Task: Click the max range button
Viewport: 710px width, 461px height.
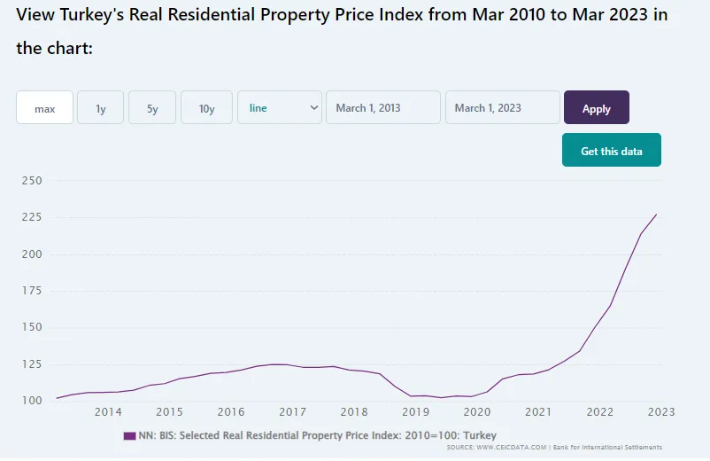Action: click(x=44, y=108)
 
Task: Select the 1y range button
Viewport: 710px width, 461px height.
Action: click(x=101, y=108)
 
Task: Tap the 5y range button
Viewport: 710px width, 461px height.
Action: click(x=152, y=108)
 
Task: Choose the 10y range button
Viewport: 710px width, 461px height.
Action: click(x=206, y=108)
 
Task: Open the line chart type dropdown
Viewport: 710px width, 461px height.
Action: click(x=280, y=108)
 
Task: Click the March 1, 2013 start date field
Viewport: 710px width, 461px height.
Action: click(x=383, y=108)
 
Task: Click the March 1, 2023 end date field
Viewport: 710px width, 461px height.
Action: click(x=502, y=108)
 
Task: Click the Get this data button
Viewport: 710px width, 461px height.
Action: click(x=611, y=151)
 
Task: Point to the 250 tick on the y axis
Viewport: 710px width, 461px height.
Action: click(x=31, y=181)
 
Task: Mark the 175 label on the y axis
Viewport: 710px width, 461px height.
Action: click(x=31, y=291)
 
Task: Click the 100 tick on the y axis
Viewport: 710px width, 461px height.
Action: click(x=31, y=401)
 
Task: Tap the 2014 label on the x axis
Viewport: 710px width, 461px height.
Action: click(x=108, y=412)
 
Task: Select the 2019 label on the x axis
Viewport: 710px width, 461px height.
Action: click(x=415, y=412)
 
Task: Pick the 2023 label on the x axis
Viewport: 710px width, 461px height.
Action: click(x=660, y=412)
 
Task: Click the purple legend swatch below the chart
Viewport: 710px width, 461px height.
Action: click(x=129, y=435)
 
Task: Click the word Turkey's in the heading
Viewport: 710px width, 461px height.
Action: click(x=94, y=15)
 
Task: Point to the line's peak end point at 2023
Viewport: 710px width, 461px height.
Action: click(x=656, y=214)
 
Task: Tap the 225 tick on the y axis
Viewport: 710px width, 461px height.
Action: click(x=31, y=217)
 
